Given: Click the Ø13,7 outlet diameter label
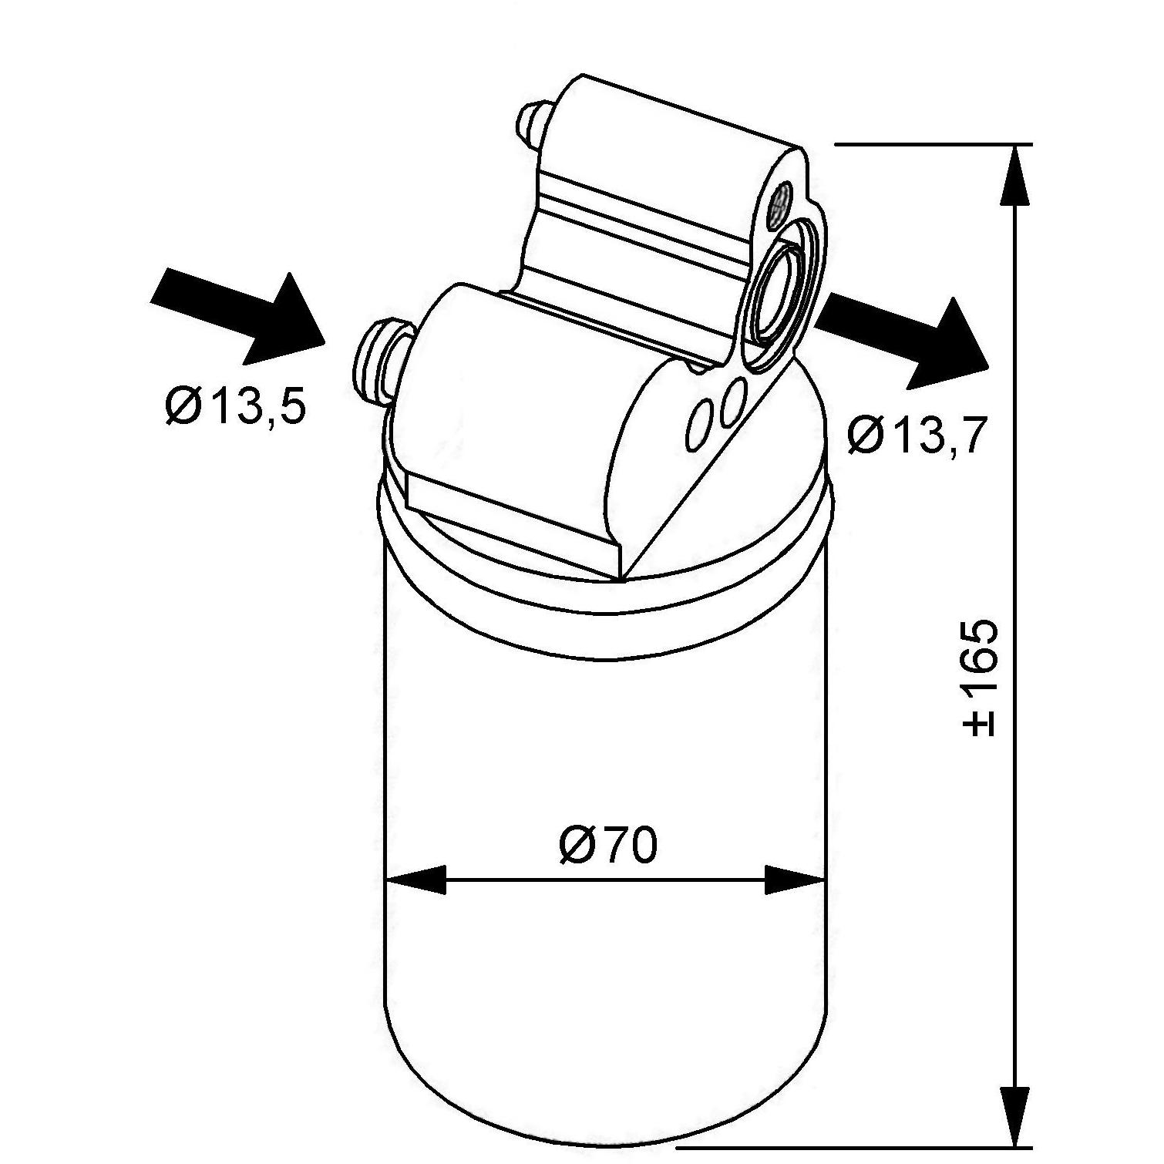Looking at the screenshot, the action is (917, 436).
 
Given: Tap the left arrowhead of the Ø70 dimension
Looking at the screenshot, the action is (415, 880).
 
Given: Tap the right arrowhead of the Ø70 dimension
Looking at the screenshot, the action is (795, 880).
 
